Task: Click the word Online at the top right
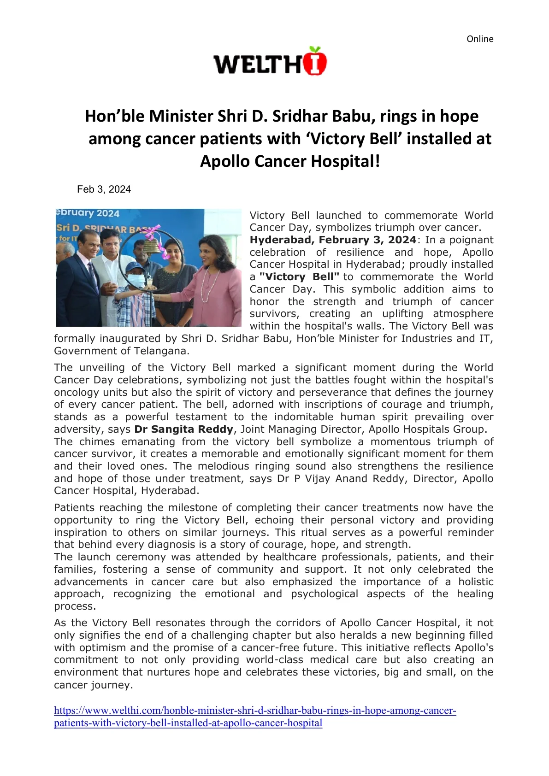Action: pos(479,39)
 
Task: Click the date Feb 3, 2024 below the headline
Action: pos(104,189)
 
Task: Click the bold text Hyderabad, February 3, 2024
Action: pos(333,240)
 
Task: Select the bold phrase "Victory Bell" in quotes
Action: pos(299,277)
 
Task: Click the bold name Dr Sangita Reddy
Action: pos(183,429)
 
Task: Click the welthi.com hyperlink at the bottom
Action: pos(254,711)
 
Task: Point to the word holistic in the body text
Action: pos(475,582)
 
